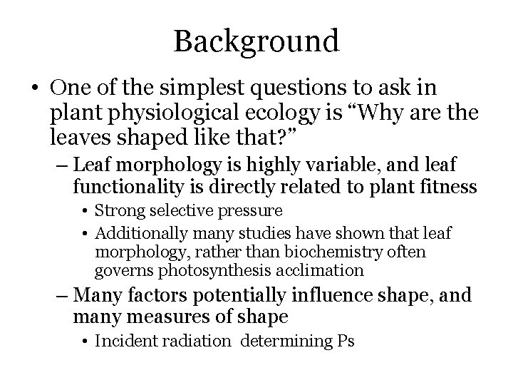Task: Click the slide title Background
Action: [256, 41]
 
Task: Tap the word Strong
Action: [116, 211]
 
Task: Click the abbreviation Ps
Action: [344, 342]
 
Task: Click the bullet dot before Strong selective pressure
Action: [85, 212]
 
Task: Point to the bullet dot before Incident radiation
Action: [85, 342]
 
